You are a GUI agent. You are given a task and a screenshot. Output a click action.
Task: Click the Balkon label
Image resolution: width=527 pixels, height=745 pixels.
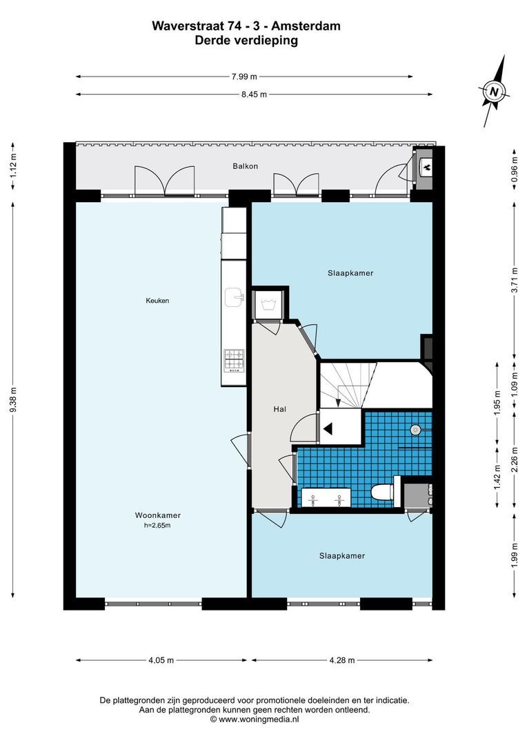pyautogui.click(x=245, y=166)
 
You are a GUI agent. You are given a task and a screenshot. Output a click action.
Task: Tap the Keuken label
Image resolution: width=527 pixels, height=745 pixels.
pyautogui.click(x=157, y=300)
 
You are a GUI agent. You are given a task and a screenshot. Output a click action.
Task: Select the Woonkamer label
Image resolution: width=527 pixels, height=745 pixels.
pyautogui.click(x=158, y=515)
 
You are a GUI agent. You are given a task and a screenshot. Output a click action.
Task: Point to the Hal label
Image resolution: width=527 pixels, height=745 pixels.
pyautogui.click(x=280, y=408)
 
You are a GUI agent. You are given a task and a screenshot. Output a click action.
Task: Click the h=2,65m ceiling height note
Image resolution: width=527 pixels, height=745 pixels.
pyautogui.click(x=158, y=526)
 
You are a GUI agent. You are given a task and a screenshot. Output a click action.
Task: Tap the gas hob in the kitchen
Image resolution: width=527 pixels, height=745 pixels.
pyautogui.click(x=235, y=359)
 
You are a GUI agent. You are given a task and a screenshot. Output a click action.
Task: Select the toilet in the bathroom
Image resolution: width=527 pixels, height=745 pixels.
pyautogui.click(x=383, y=492)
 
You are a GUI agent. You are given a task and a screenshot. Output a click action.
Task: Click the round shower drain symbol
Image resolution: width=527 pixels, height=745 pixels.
pyautogui.click(x=415, y=430)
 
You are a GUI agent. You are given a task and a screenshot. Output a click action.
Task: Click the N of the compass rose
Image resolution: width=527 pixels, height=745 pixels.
pyautogui.click(x=495, y=91)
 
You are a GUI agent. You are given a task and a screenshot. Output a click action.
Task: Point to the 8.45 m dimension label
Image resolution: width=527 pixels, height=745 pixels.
pyautogui.click(x=255, y=95)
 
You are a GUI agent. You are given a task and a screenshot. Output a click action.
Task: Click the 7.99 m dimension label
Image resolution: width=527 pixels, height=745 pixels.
pyautogui.click(x=244, y=77)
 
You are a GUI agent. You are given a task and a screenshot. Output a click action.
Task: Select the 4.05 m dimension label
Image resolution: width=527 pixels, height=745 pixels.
pyautogui.click(x=161, y=660)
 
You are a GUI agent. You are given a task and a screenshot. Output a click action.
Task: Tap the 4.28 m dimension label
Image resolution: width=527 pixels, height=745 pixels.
pyautogui.click(x=342, y=660)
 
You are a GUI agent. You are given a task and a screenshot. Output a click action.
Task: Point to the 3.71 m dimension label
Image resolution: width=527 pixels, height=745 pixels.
pyautogui.click(x=515, y=281)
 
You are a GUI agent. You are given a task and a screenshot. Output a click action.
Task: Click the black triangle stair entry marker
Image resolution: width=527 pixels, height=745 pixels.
pyautogui.click(x=328, y=428)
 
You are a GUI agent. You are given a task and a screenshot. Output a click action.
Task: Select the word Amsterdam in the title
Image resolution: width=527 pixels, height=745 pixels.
pyautogui.click(x=306, y=26)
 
